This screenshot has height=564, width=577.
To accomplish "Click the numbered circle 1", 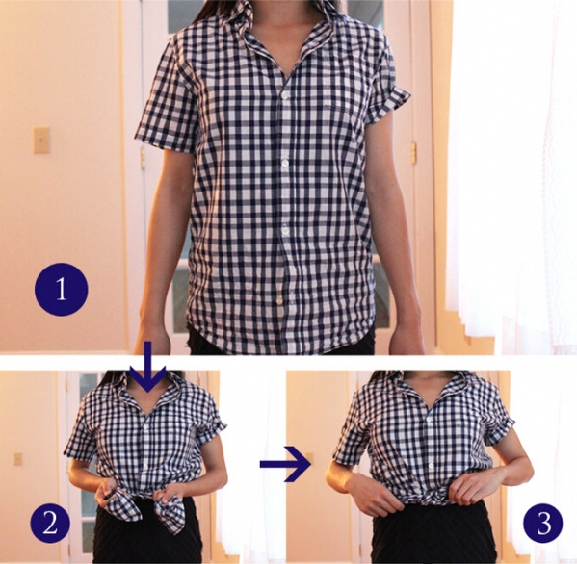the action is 62,289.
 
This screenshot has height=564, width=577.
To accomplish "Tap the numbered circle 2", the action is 50,523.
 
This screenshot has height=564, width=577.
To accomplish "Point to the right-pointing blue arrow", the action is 286,464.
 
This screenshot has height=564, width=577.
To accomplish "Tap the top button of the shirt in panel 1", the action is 284,95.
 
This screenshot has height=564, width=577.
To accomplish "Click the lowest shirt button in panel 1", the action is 280,301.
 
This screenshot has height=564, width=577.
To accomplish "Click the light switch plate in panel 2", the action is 17,458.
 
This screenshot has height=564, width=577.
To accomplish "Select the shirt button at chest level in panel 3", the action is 430,419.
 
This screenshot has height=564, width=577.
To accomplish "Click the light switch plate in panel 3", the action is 310,455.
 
